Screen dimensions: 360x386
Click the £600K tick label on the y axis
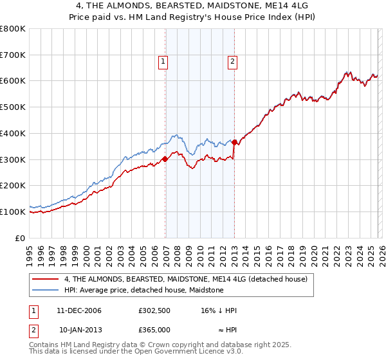pos(13,81)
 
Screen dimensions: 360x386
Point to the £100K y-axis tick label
pos(13,212)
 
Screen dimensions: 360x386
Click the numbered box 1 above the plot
pos(163,62)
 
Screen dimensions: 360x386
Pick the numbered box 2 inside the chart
pos(232,62)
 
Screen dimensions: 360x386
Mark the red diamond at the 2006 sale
pos(165,159)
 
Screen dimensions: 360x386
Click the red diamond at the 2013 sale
pos(235,143)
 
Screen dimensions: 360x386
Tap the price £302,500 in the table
pos(154,310)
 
